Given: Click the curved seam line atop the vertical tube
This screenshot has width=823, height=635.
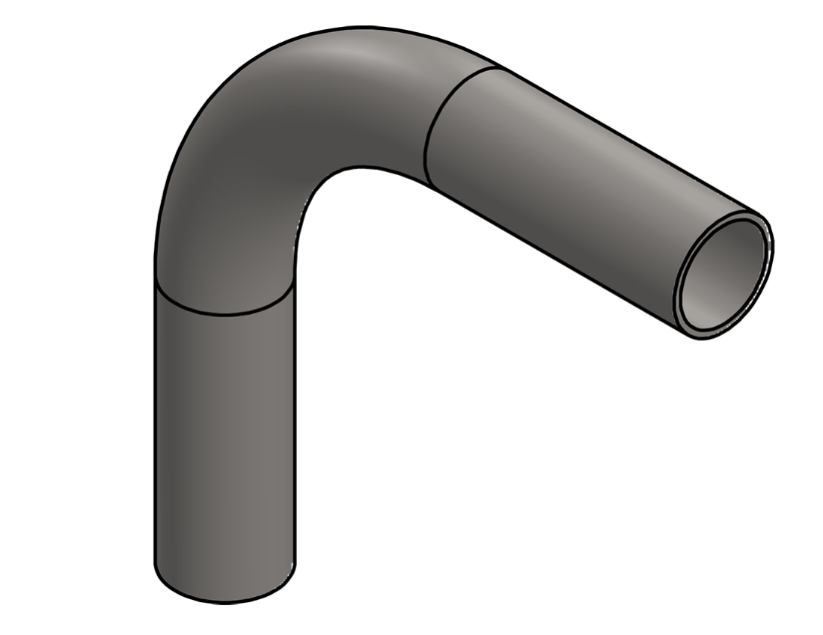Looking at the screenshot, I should click(x=224, y=313).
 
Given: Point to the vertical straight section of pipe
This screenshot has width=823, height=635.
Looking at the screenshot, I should click(x=224, y=449).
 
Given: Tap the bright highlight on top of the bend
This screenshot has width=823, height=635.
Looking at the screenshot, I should click(x=359, y=56).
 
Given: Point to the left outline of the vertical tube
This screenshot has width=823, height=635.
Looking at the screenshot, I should click(x=155, y=449).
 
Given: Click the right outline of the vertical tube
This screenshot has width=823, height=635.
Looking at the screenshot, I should click(x=295, y=449).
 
